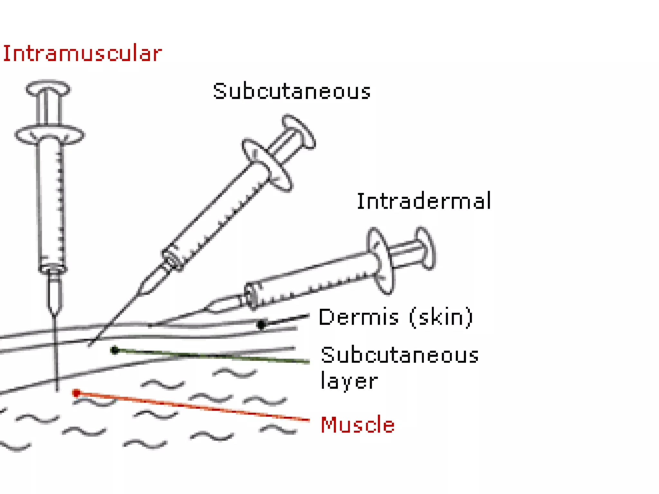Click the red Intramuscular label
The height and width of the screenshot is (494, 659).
click(x=82, y=53)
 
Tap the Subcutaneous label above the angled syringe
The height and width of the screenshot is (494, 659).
click(x=292, y=91)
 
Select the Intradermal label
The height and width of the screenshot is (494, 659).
click(x=424, y=201)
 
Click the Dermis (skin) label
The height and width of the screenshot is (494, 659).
click(x=396, y=317)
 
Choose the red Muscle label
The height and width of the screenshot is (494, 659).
click(x=357, y=425)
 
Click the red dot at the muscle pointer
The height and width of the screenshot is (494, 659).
click(x=76, y=393)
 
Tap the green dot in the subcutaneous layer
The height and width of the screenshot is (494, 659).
click(x=115, y=350)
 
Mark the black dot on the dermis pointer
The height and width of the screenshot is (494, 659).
click(x=262, y=325)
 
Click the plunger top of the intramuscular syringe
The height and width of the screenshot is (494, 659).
click(x=48, y=88)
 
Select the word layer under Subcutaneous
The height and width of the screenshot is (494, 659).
click(x=349, y=381)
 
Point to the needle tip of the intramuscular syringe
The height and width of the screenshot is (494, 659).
click(x=57, y=390)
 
